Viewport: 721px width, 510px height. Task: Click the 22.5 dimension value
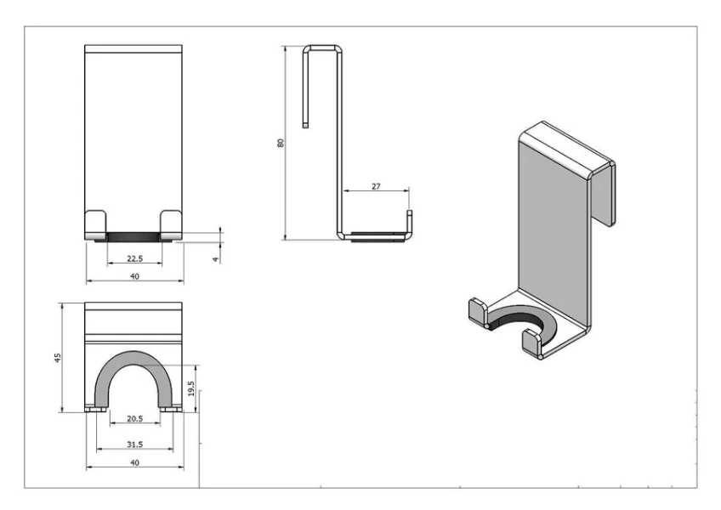pyautogui.click(x=134, y=258)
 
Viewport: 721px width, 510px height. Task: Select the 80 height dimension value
pyautogui.click(x=280, y=143)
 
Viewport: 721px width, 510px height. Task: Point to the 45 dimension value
pyautogui.click(x=57, y=357)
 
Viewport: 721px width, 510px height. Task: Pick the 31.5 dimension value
pyautogui.click(x=134, y=445)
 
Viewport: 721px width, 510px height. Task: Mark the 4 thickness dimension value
pyautogui.click(x=216, y=257)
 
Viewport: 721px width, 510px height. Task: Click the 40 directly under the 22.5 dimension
pyautogui.click(x=134, y=276)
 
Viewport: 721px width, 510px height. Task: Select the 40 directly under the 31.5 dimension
pyautogui.click(x=134, y=462)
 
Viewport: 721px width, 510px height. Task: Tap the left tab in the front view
pyautogui.click(x=96, y=224)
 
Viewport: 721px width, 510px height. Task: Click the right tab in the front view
pyautogui.click(x=171, y=224)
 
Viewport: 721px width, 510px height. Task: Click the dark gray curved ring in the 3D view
pyautogui.click(x=518, y=320)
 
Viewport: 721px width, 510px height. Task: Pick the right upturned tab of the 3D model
pyautogui.click(x=533, y=343)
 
